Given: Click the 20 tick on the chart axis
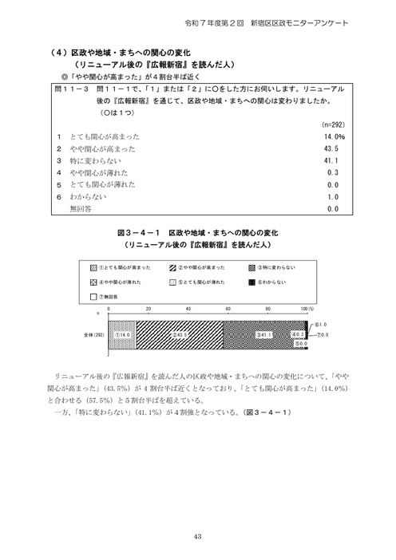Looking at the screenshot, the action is click(x=148, y=307).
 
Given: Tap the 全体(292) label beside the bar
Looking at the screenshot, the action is click(x=93, y=333).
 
